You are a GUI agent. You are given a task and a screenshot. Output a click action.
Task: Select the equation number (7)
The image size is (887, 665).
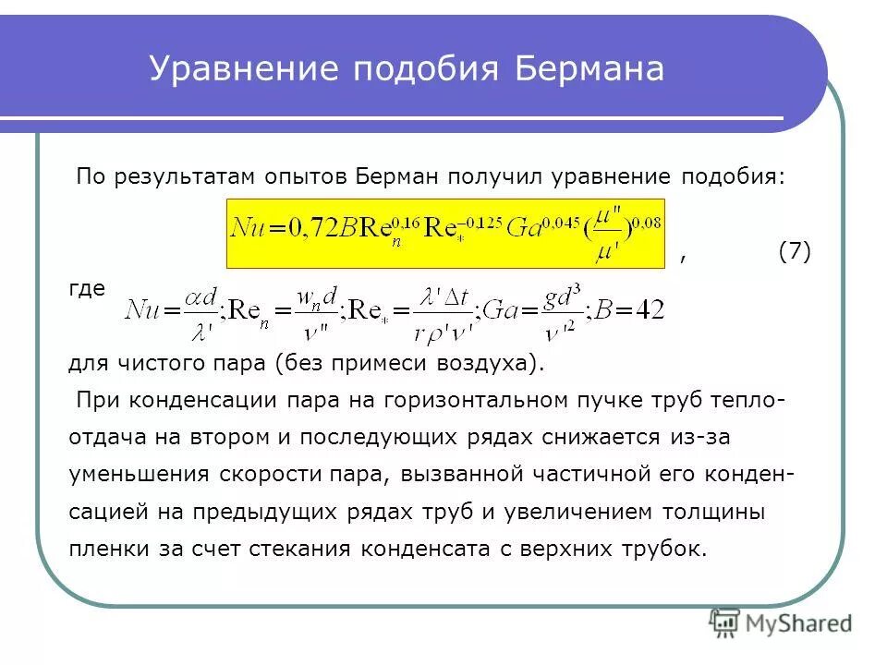point(795,251)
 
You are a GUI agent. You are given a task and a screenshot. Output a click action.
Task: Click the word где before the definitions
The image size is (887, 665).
point(87,288)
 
